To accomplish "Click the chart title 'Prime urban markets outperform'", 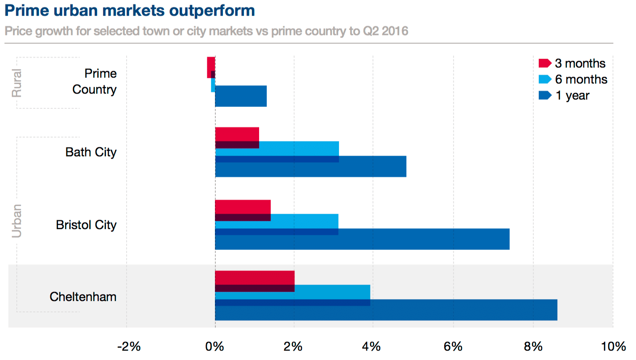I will pos(130,11).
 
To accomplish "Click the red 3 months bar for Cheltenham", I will pos(254,278).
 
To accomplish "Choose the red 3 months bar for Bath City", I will pos(237,134).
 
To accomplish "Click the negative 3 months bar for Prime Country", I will pos(211,64).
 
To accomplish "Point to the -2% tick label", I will pos(129,347).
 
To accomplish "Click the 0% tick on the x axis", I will pos(215,347).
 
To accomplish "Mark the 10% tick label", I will pos(613,347).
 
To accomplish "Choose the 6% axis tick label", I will pos(453,347).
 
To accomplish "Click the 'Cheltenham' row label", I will pos(83,297).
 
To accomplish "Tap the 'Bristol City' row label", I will pos(86,225).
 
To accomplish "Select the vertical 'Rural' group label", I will pos(16,83).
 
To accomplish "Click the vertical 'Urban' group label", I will pos(16,221).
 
